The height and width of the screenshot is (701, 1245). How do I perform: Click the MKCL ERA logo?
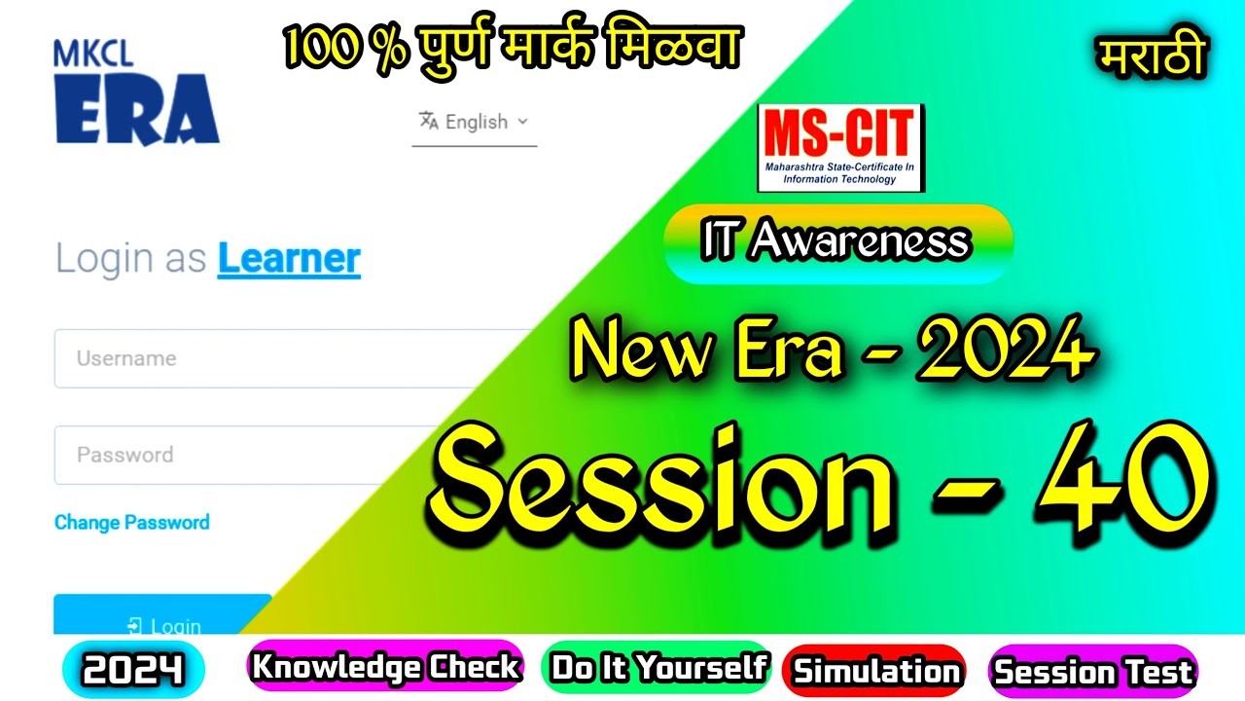point(136,93)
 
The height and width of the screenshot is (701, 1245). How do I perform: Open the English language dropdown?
point(475,122)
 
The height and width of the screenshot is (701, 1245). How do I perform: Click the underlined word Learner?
point(289,259)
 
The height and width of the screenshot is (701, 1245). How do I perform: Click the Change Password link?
point(132,523)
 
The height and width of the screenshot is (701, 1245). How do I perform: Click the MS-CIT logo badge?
point(840,148)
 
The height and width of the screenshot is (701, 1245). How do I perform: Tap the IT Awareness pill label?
point(837,242)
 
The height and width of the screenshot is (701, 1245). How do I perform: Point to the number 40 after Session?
point(1123,477)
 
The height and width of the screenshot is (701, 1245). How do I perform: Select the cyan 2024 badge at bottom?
point(133,670)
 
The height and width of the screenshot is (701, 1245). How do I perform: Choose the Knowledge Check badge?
point(386,667)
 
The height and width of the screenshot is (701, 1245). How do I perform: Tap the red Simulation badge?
point(875,670)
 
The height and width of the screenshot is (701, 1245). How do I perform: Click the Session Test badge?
point(1093,671)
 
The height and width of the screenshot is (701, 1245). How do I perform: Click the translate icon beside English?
point(428,121)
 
